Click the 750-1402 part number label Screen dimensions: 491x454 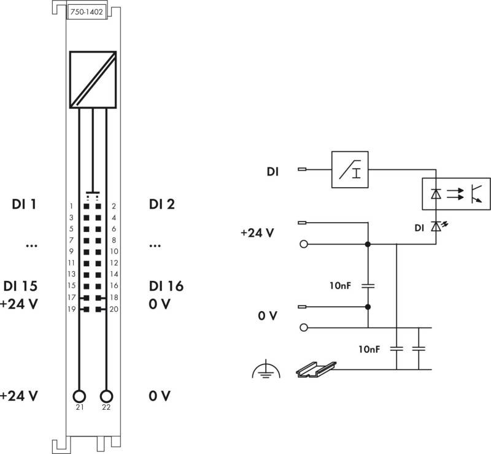click(x=87, y=12)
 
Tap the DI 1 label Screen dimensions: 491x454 click(x=24, y=204)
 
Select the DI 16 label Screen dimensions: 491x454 click(x=166, y=286)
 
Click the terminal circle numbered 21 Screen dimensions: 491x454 click(x=79, y=396)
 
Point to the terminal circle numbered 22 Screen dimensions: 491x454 click(x=106, y=396)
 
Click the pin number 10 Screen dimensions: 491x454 click(x=114, y=252)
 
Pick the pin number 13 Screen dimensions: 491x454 click(x=71, y=274)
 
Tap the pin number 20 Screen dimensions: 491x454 click(x=114, y=309)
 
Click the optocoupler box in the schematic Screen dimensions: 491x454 click(x=456, y=194)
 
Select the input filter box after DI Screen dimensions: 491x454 click(x=350, y=169)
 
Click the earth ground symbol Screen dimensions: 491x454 click(x=266, y=369)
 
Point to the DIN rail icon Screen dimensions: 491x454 click(x=316, y=370)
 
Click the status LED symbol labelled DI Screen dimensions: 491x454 click(x=438, y=226)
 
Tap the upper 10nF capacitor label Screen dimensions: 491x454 click(x=340, y=285)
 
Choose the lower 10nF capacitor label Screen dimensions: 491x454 click(x=369, y=349)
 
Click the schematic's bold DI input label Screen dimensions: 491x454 click(x=273, y=172)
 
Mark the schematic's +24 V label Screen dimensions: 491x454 click(x=257, y=233)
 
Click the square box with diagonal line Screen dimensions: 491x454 click(x=93, y=80)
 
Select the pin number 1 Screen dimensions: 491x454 click(x=71, y=206)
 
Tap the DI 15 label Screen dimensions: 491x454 click(x=20, y=286)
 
